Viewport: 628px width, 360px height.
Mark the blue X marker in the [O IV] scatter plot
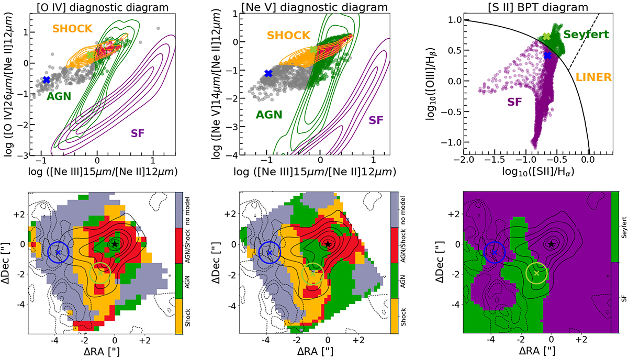pos(47,80)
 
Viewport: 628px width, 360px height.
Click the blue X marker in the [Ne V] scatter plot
pos(268,73)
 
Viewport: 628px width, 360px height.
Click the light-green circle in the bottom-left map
pos(100,273)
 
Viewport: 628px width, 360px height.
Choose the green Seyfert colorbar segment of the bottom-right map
pos(615,227)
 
